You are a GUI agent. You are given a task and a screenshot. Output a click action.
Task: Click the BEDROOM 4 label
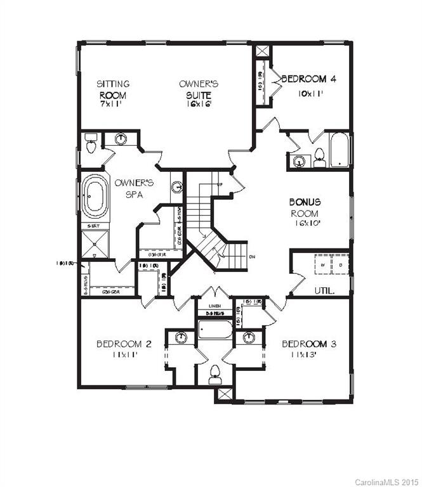308,79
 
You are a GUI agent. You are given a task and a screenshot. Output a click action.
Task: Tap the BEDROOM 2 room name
124,344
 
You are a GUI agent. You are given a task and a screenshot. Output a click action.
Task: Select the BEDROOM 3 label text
309,344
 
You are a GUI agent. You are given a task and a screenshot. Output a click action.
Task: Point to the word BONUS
305,202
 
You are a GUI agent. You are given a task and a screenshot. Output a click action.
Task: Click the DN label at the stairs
253,257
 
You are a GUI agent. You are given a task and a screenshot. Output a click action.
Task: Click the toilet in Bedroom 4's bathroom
319,156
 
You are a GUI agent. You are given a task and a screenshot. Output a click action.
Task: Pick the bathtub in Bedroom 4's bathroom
341,151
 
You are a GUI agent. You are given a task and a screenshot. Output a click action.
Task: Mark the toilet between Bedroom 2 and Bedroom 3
214,372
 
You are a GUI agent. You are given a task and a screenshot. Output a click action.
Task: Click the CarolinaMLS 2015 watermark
386,480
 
